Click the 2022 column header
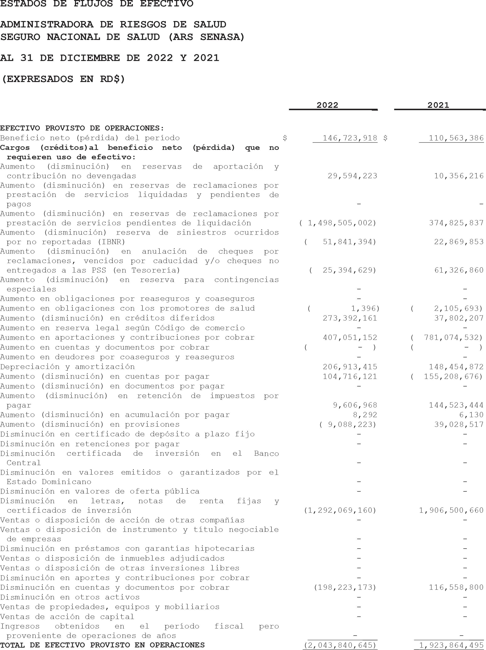pos(327,105)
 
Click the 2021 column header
pos(438,105)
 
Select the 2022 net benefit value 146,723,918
pos(350,138)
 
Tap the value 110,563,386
pos(456,138)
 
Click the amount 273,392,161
pos(350,318)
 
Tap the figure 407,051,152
pos(350,338)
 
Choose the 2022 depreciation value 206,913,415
pos(350,367)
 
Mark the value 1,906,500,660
pos(451,510)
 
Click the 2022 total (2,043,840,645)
pos(340,645)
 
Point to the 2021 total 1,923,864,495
pos(451,645)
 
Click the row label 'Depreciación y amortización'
pos(67,367)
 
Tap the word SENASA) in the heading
pos(222,37)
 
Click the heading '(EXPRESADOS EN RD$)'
pos(63,79)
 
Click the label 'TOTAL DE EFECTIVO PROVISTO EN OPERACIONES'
pos(102,645)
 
